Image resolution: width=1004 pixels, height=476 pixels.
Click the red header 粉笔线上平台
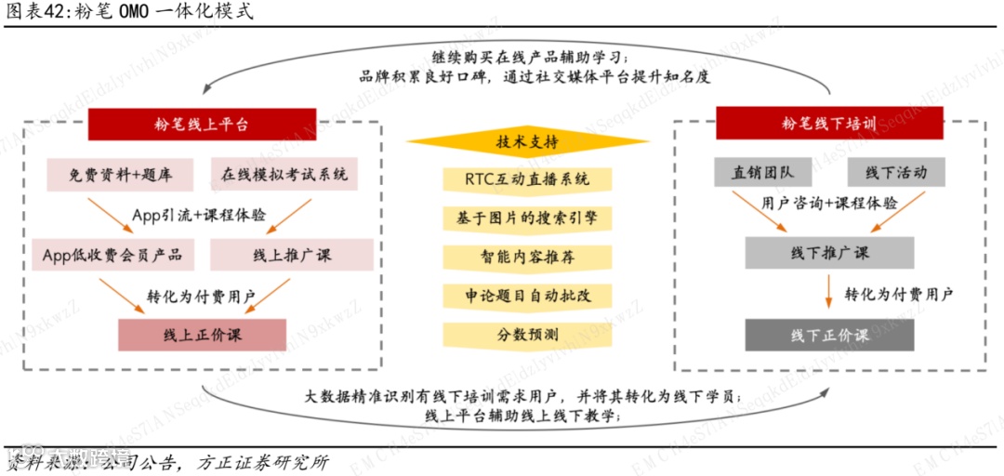(202, 124)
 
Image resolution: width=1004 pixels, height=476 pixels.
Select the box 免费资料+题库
(118, 174)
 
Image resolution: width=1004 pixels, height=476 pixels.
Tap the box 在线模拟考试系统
(284, 174)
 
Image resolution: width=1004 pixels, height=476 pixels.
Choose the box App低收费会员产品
(112, 255)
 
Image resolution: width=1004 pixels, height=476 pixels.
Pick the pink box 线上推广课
(291, 255)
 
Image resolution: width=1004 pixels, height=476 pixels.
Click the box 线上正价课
(202, 335)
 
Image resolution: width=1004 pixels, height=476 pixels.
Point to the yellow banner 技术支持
(527, 142)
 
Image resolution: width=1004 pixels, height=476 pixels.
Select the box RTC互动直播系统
(527, 178)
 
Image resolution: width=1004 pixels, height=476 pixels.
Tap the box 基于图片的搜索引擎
(527, 218)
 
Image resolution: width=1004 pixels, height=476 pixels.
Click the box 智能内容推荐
(527, 257)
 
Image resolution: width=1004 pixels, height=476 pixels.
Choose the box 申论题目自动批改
(527, 296)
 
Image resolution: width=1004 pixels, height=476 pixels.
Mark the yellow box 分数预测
(527, 335)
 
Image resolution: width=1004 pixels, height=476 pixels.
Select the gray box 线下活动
(896, 172)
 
